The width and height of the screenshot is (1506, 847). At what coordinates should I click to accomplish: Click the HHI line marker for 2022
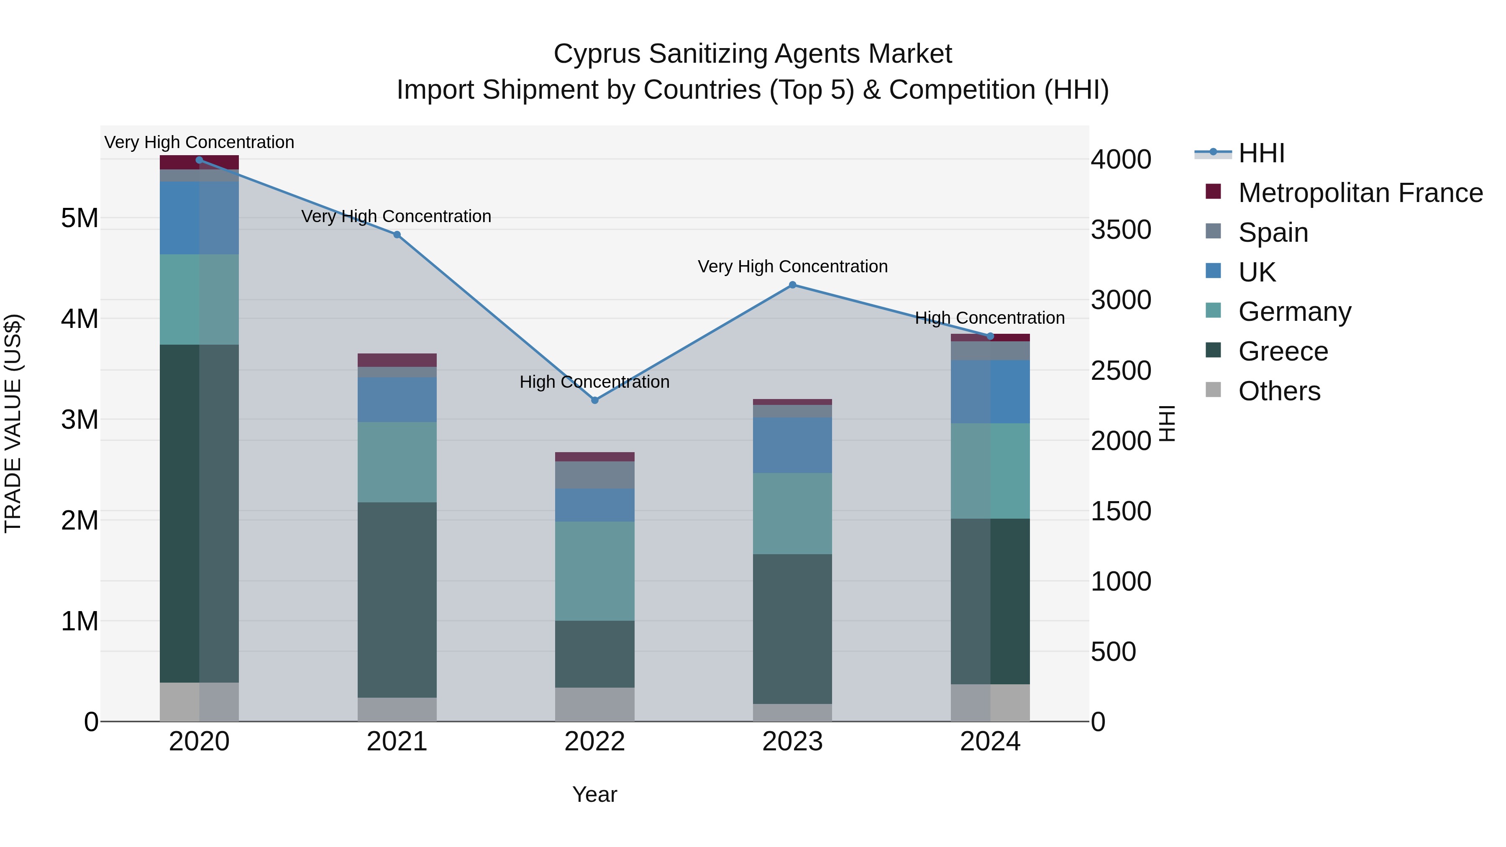(x=594, y=400)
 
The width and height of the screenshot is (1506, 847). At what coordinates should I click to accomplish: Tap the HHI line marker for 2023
(x=792, y=285)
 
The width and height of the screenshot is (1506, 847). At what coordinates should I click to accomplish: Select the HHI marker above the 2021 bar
(x=397, y=234)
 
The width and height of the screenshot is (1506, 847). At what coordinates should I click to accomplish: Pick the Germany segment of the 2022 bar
(x=594, y=571)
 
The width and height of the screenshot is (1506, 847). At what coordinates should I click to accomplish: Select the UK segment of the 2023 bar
(x=792, y=445)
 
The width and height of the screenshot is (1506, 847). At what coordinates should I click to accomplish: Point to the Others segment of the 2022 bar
(x=594, y=704)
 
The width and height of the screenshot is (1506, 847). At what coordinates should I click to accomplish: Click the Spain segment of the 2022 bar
(x=594, y=475)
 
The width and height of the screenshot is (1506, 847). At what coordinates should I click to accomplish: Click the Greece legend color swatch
(x=1213, y=350)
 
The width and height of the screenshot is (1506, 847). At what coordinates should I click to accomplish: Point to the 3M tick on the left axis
(x=79, y=420)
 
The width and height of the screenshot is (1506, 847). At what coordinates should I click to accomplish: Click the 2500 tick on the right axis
(x=1121, y=371)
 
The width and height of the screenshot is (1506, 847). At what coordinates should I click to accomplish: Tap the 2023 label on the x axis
(x=792, y=742)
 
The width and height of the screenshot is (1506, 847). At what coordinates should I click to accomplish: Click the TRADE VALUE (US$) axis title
(x=13, y=423)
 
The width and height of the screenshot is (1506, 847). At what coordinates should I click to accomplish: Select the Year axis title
(x=594, y=794)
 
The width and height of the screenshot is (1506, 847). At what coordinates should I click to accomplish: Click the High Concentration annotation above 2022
(x=594, y=382)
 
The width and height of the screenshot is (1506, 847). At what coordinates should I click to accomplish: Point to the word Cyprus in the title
(x=597, y=54)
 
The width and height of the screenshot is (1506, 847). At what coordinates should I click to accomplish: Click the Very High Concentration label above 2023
(x=792, y=266)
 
